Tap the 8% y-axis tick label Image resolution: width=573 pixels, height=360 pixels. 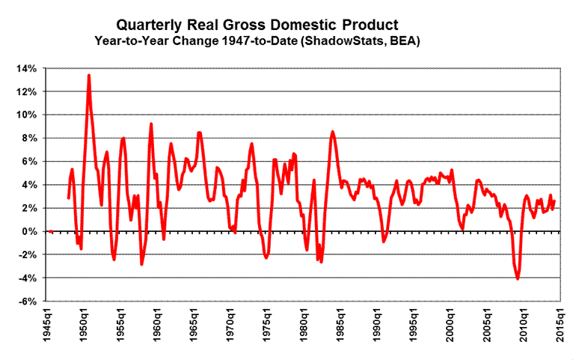click(x=28, y=138)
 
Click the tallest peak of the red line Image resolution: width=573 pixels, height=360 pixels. click(x=89, y=75)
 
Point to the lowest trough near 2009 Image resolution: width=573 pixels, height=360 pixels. click(x=518, y=279)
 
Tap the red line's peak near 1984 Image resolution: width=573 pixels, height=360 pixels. click(x=332, y=132)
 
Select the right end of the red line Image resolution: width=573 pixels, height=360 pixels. click(x=554, y=201)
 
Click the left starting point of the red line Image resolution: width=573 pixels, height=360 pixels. click(x=68, y=198)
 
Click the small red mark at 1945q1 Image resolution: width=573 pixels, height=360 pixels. click(x=50, y=231)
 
